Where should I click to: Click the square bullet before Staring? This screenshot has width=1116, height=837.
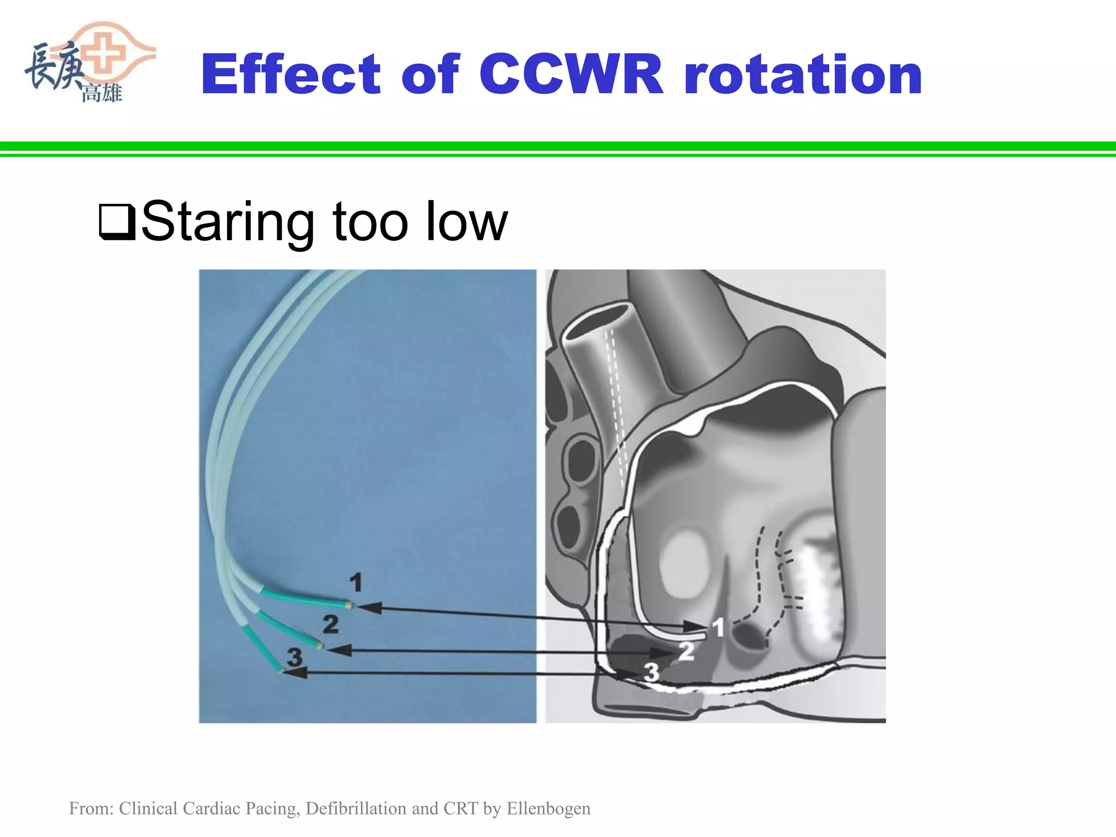(x=116, y=222)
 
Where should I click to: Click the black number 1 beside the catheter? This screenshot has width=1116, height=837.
(x=356, y=583)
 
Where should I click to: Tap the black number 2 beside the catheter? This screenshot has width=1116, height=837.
(x=330, y=624)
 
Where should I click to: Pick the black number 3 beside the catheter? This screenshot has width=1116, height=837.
(x=294, y=657)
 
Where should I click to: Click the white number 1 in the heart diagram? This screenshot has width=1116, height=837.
(x=719, y=628)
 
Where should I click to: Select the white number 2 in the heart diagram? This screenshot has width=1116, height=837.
(x=686, y=651)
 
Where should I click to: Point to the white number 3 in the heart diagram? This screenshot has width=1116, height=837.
(x=651, y=672)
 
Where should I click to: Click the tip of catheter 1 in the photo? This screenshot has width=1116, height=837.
(x=349, y=604)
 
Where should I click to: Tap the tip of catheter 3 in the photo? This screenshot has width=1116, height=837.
(x=281, y=671)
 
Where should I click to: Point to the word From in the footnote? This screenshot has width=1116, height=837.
(x=90, y=809)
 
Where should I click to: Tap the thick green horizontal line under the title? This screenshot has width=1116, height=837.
(x=558, y=146)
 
